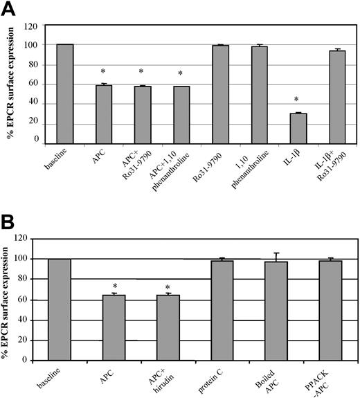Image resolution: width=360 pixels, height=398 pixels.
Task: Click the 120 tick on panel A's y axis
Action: click(x=35, y=26)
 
